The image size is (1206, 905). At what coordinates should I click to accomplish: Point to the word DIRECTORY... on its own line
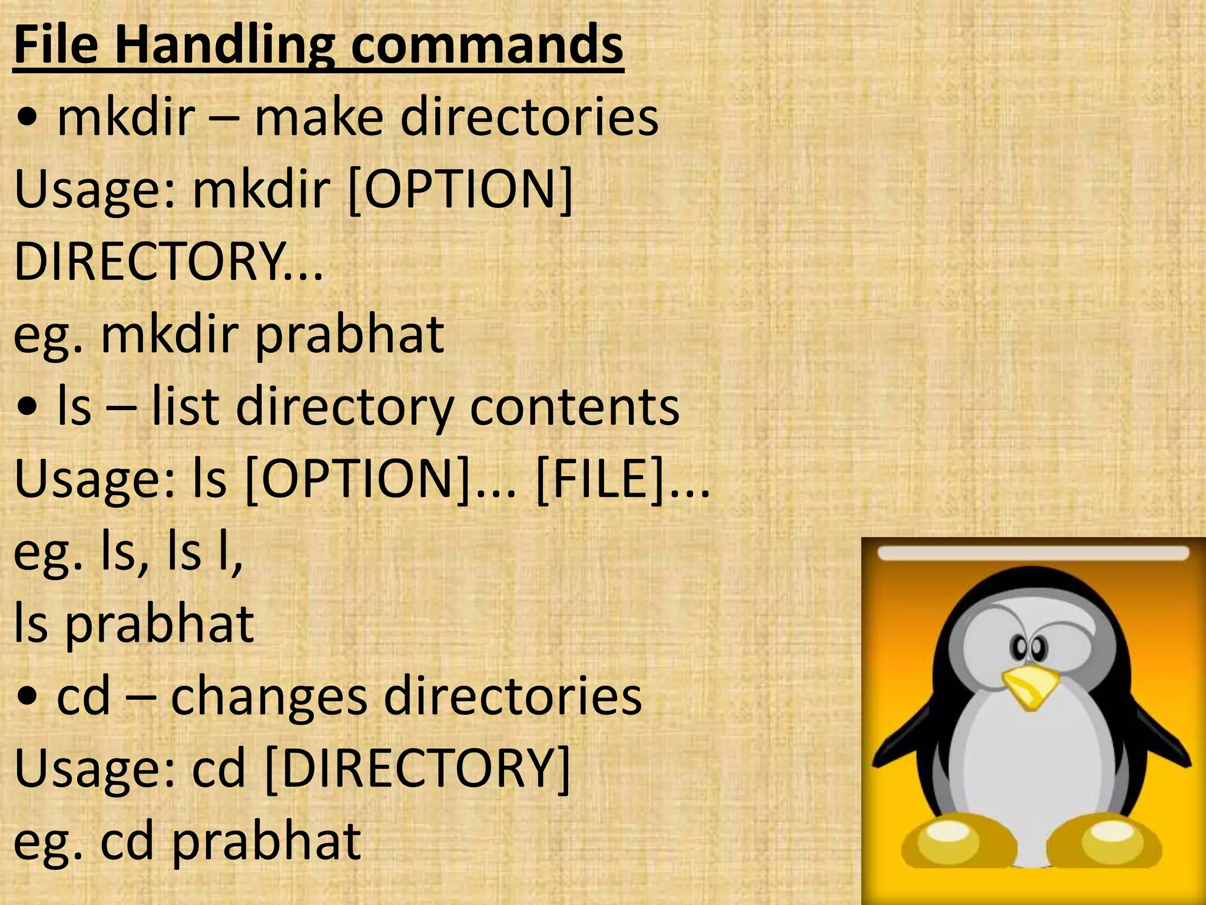tap(168, 262)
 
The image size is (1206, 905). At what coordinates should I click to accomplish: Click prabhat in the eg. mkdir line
tap(349, 335)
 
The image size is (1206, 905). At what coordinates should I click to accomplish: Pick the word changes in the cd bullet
tap(269, 696)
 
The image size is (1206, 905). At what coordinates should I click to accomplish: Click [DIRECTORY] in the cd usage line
tap(418, 768)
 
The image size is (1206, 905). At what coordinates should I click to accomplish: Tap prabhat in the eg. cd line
tap(266, 841)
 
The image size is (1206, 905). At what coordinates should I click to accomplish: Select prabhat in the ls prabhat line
tap(159, 625)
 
